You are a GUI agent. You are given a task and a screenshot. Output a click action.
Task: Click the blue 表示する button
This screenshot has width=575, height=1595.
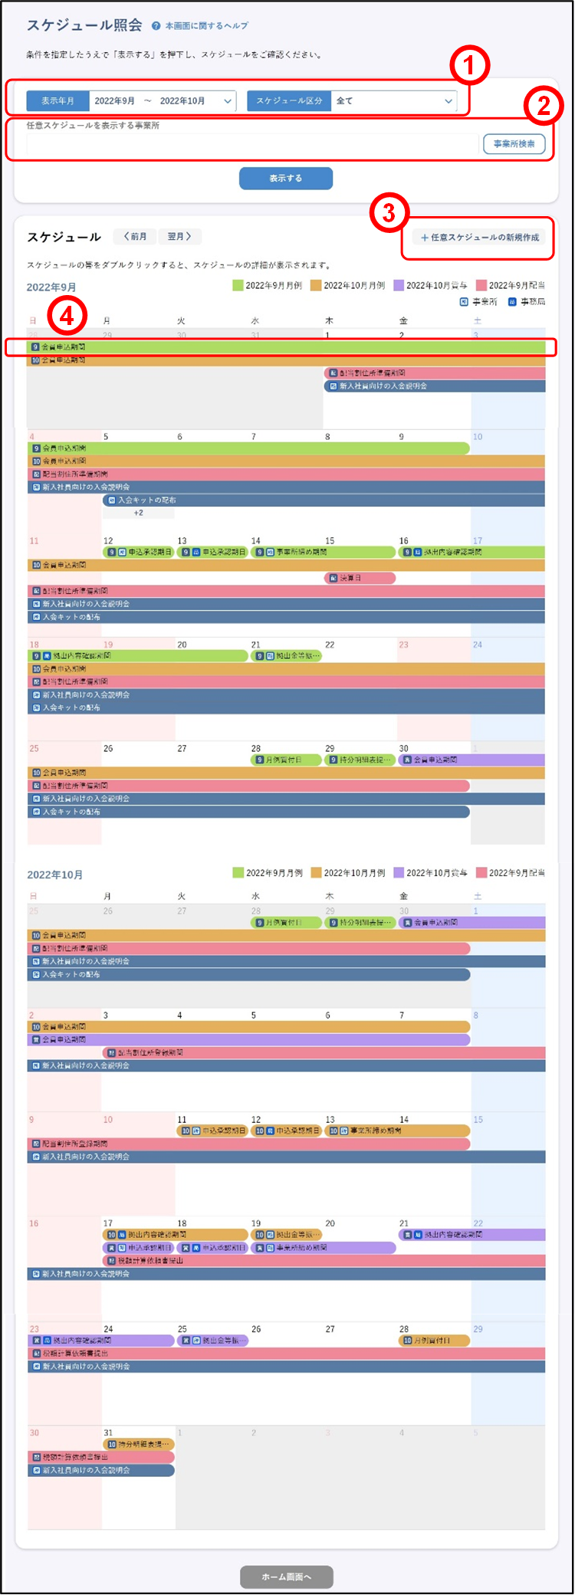[x=285, y=179]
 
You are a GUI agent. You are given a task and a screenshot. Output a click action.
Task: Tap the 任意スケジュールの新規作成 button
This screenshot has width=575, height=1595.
[x=480, y=238]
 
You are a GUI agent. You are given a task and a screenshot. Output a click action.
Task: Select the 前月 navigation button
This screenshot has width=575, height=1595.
[x=135, y=237]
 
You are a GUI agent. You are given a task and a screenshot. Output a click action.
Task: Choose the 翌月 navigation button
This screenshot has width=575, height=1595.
[x=179, y=237]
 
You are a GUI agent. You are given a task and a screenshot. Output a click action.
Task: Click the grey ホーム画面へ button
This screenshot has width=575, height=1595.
[x=286, y=1577]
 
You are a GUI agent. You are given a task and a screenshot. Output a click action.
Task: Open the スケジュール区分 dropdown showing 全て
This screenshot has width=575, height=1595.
[x=394, y=101]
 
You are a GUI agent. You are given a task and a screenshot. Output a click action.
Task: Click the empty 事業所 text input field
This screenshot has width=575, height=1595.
[x=252, y=144]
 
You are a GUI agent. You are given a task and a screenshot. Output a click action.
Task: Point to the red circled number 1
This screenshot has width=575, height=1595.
[x=469, y=66]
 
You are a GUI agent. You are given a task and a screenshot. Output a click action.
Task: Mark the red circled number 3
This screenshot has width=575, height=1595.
[x=389, y=212]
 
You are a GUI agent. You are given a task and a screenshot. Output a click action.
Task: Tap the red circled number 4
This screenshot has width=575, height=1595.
[x=67, y=315]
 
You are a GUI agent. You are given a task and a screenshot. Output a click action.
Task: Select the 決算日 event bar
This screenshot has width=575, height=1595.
[x=360, y=578]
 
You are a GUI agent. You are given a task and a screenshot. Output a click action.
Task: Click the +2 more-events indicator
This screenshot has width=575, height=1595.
[x=138, y=513]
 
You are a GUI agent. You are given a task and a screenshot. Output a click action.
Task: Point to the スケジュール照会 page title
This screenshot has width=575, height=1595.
[x=84, y=25]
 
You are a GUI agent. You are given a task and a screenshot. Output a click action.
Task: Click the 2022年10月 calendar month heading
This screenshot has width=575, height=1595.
[x=55, y=875]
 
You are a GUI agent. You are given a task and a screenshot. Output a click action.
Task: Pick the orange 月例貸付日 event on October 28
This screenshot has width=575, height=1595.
[x=434, y=1341]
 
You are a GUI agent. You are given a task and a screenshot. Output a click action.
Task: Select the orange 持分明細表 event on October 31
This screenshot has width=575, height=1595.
[x=137, y=1444]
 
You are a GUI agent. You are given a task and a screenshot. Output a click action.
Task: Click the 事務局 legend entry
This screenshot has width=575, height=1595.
[x=527, y=302]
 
